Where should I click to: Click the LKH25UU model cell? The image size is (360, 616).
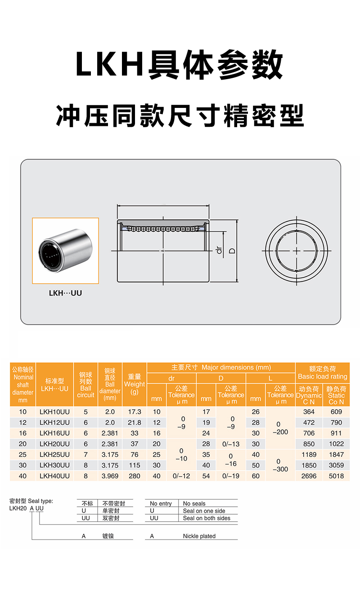click(x=54, y=455)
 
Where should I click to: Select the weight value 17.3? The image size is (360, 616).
click(x=134, y=412)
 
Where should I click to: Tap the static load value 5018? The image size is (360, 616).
click(x=336, y=476)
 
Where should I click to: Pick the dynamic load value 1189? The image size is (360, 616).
click(x=309, y=455)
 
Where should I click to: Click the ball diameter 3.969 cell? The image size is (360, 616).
click(x=110, y=476)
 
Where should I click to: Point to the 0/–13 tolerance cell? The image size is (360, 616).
click(x=231, y=444)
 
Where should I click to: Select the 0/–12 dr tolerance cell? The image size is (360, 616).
click(x=181, y=476)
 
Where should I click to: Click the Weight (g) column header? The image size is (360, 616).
click(x=134, y=384)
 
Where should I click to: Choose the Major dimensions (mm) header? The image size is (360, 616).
click(x=221, y=367)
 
